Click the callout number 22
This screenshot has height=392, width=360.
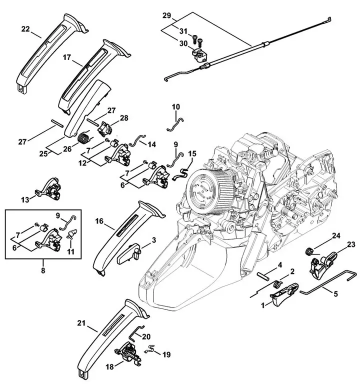point(25,30)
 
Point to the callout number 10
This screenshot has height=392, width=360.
point(175,107)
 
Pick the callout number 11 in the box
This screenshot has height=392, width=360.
point(70,251)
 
